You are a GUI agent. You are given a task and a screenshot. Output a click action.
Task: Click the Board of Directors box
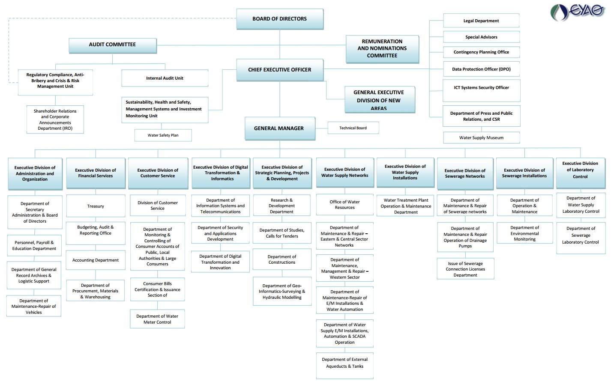coord(279,19)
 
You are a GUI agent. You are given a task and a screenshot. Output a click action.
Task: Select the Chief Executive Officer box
coord(279,70)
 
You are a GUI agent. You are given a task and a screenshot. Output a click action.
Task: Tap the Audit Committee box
coord(112,45)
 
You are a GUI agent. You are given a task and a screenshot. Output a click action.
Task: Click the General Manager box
coord(279,128)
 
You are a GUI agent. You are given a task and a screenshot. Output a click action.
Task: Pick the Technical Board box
coord(353,128)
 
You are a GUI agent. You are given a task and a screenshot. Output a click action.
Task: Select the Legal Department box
coord(481,21)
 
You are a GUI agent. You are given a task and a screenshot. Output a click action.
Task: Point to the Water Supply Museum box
coord(481,138)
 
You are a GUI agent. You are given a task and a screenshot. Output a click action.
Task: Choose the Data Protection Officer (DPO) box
coord(481,69)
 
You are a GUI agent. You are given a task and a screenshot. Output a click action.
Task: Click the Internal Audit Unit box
coord(165,78)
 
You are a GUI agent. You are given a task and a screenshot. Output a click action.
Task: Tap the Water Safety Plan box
coord(163,135)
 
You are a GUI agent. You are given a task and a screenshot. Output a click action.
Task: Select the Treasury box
coord(96,206)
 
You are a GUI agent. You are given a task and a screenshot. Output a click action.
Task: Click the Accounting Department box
coord(96,260)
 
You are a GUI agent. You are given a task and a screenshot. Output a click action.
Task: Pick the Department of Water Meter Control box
coord(157,319)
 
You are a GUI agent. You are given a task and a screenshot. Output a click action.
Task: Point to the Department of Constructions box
coord(282,259)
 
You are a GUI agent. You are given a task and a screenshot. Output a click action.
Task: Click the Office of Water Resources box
coord(344,205)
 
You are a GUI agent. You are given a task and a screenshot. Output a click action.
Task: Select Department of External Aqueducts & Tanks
coord(344,363)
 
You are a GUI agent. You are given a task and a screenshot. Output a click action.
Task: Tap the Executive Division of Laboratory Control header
coord(580,170)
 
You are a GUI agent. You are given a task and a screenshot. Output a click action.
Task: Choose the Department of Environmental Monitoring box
coord(524,234)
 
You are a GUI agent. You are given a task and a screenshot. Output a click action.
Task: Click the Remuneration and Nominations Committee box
coord(382,49)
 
